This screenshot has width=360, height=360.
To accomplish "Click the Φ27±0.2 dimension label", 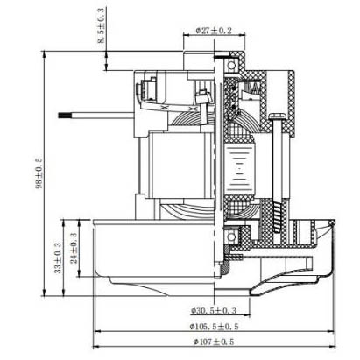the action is [x=214, y=31].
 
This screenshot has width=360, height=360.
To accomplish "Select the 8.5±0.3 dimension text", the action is [x=101, y=26].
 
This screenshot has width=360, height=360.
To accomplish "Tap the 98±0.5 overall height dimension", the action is [x=39, y=173].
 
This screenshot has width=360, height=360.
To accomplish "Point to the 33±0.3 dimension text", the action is [x=58, y=258].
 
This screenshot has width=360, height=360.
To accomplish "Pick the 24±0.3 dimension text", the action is [x=74, y=248].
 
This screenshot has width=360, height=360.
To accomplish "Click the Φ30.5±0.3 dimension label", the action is [x=214, y=311].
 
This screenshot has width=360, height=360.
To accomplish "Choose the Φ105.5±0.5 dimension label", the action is [x=214, y=326].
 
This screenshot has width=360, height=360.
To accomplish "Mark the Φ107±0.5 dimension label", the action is [x=214, y=342].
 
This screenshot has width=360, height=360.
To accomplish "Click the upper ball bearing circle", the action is [x=231, y=65].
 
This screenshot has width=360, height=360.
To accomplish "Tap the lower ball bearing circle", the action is [x=231, y=236].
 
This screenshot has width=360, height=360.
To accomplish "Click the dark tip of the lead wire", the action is [x=62, y=115].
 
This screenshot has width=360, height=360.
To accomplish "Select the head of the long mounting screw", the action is [x=279, y=116].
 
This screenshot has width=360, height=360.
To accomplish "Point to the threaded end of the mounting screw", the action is [x=277, y=217].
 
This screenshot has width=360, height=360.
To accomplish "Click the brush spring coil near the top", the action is [x=251, y=87].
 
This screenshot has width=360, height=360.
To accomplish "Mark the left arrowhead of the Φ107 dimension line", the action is [x=96, y=347].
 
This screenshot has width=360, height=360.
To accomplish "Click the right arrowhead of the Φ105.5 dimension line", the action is [x=331, y=331].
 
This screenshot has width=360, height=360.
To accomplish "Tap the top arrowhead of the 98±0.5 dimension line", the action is [x=44, y=54].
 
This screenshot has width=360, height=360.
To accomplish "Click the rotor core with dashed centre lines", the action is [x=239, y=168].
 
